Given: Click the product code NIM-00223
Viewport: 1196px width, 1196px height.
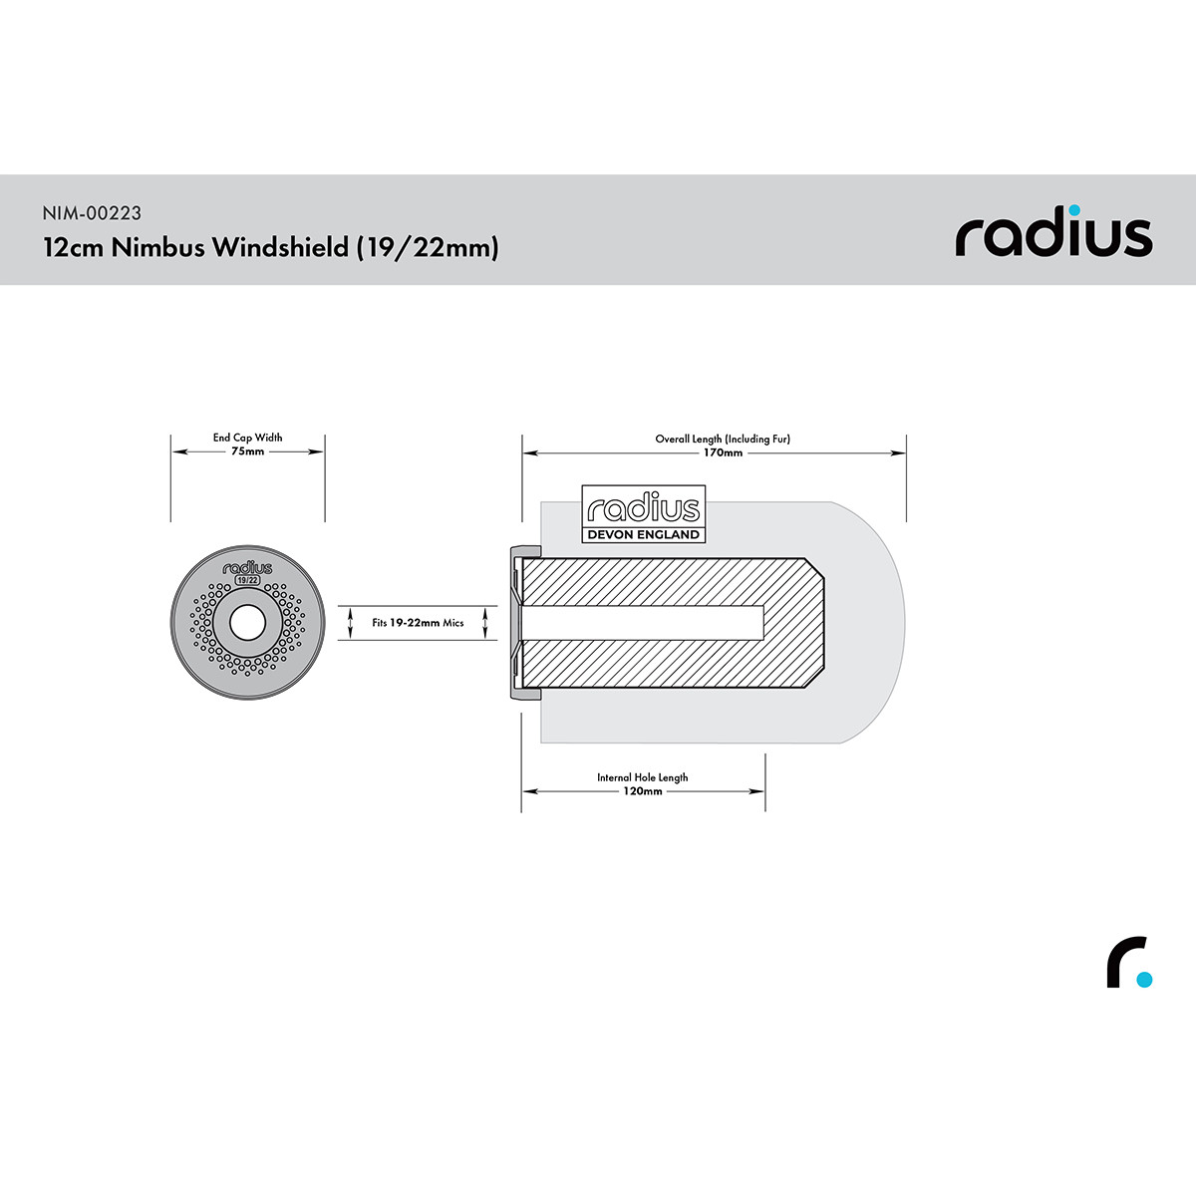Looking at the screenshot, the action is (92, 213).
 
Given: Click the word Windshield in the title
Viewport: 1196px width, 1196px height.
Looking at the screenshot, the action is (280, 247).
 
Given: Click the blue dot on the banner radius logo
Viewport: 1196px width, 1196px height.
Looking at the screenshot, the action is (1075, 210).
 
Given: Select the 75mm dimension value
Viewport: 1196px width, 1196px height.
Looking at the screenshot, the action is (247, 451).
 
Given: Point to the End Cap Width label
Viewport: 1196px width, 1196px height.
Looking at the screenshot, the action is (247, 438).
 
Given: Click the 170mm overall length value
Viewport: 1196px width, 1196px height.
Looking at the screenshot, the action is (723, 452).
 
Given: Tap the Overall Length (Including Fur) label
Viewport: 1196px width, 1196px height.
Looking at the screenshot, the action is (723, 439).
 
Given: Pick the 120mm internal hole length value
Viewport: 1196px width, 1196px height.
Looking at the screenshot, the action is (643, 790).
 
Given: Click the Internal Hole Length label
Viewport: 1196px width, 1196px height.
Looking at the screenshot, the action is (643, 777).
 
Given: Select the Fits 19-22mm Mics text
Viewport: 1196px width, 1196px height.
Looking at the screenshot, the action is (418, 623).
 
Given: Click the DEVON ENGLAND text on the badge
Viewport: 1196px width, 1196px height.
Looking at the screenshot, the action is (644, 534).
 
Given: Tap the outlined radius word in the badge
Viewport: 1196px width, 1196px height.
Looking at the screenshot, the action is (644, 507).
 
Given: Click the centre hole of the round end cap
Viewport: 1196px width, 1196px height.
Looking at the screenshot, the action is (247, 623).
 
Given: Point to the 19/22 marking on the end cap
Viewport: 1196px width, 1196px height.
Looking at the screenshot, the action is (247, 580).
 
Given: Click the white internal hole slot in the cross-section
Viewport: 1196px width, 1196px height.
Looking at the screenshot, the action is (643, 623).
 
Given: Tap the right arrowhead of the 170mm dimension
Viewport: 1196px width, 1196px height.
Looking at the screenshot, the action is (899, 453).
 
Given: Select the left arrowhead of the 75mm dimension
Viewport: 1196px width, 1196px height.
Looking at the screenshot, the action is (179, 451).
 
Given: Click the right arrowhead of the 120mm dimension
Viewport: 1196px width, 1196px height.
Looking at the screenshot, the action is (757, 791).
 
